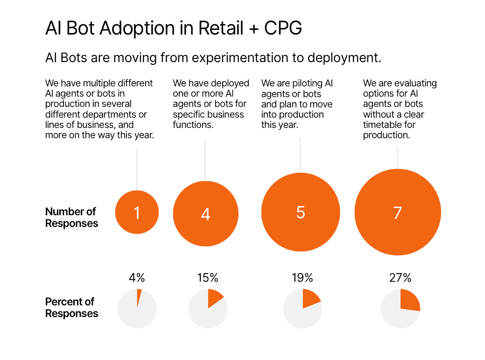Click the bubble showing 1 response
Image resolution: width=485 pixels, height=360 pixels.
point(137,212)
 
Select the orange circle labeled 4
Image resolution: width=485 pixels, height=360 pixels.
point(205,213)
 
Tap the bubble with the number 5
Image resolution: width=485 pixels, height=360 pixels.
point(300,212)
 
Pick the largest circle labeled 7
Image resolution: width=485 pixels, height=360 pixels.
point(397,212)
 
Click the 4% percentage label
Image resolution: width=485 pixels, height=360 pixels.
point(137,278)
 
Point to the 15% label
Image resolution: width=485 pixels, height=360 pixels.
point(208,278)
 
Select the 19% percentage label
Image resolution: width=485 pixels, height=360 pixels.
point(302,278)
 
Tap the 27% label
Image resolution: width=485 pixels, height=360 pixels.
point(401,278)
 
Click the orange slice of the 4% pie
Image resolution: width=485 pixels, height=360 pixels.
point(139,297)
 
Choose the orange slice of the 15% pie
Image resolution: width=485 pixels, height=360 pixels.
point(214,297)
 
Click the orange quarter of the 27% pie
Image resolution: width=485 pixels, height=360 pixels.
point(409,300)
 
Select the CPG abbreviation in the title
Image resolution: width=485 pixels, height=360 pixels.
point(283,29)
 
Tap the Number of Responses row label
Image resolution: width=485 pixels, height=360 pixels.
point(71,218)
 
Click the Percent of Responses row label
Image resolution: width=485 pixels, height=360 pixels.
point(71,308)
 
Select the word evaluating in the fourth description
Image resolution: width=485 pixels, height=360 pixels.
point(414,84)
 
